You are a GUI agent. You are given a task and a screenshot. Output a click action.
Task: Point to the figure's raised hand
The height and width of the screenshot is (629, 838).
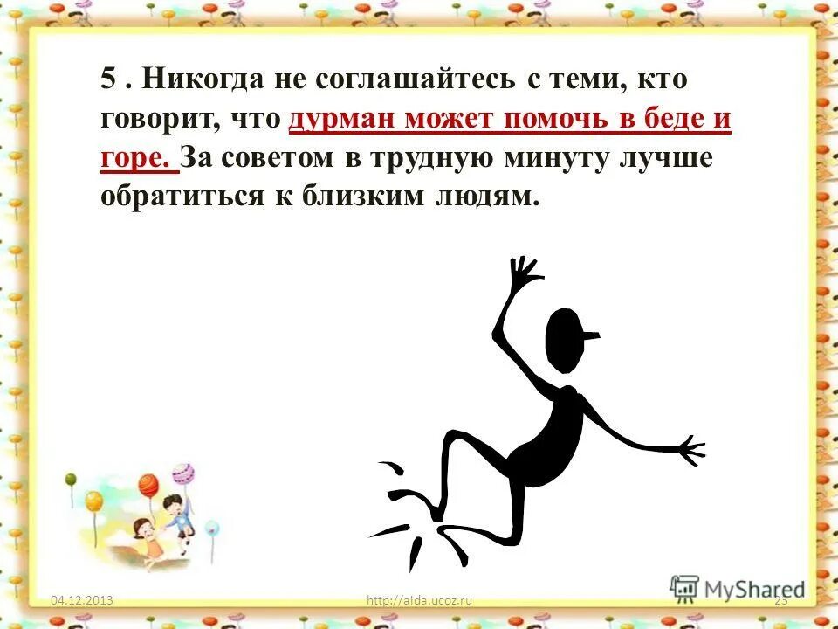(x=524, y=273)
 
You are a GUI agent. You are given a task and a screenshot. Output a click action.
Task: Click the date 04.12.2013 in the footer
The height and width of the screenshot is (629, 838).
(x=83, y=599)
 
